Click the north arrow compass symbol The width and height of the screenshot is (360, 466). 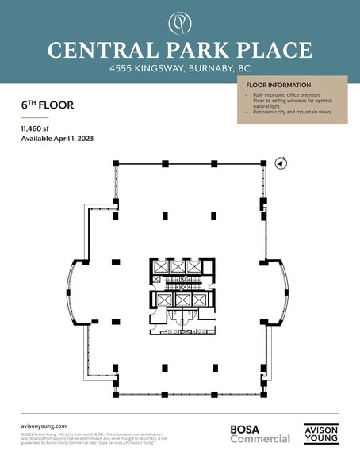click(x=280, y=163)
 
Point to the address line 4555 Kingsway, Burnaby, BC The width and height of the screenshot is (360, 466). click(x=179, y=70)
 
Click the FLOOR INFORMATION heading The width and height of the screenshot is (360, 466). click(x=278, y=85)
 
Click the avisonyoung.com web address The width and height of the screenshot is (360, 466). click(x=44, y=426)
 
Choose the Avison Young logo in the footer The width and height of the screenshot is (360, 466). click(x=321, y=434)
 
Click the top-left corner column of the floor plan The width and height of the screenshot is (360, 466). click(x=117, y=163)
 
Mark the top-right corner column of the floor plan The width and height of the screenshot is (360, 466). click(x=263, y=163)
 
